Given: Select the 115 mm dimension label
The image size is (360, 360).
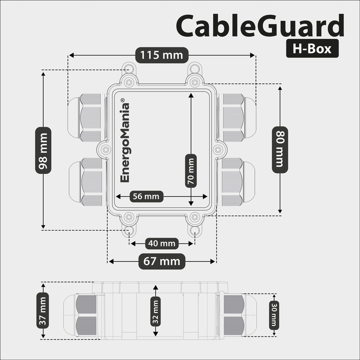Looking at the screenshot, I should (x=161, y=54).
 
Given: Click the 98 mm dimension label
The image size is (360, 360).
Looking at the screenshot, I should (x=43, y=150).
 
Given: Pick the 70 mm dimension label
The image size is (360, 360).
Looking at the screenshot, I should (x=190, y=170).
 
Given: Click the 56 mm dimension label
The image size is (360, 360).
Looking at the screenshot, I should (x=144, y=196).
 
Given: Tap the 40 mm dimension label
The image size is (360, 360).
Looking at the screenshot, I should (x=161, y=243).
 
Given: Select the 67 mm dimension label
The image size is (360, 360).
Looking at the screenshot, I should (x=161, y=261).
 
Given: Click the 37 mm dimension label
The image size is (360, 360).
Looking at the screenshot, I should (x=43, y=310).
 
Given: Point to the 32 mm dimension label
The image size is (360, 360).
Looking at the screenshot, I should (x=155, y=310).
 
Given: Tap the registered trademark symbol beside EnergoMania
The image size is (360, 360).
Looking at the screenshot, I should (x=124, y=99).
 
